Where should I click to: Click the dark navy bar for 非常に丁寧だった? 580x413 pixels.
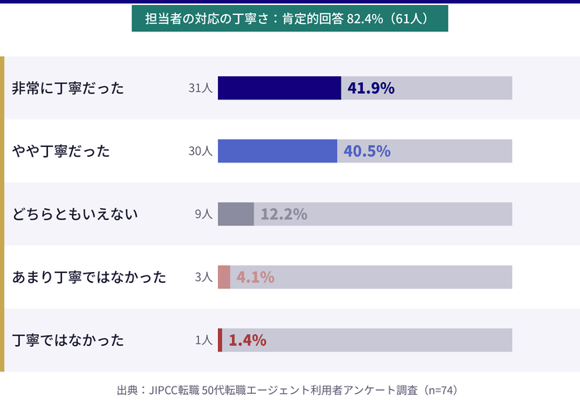tap(279, 88)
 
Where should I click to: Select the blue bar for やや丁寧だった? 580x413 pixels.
tap(278, 151)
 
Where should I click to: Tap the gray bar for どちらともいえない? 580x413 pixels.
tap(236, 214)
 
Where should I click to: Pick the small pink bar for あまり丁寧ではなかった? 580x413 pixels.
tap(225, 277)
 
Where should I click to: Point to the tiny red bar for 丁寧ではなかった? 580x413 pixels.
tap(220, 340)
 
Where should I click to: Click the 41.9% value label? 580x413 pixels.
tap(370, 88)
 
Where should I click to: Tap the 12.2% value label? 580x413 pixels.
tap(283, 214)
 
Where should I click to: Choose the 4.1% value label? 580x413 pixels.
tap(255, 277)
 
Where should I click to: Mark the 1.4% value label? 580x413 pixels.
tap(247, 340)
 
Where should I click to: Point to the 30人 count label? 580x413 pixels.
tap(201, 151)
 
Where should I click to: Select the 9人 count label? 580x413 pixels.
tap(204, 214)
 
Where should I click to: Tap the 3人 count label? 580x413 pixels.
tap(204, 277)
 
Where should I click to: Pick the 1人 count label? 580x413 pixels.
tap(204, 340)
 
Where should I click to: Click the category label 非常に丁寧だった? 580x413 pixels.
tap(68, 88)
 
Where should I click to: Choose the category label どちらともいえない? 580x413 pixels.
tap(75, 214)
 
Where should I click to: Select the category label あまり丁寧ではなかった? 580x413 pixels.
tap(89, 277)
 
